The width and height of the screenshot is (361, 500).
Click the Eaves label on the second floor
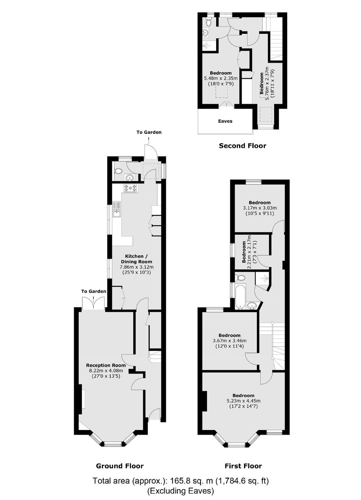tap(225, 121)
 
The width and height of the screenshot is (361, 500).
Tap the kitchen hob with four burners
tap(130, 188)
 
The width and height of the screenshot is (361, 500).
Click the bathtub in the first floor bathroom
tap(241, 296)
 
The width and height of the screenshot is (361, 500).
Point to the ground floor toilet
tap(118, 171)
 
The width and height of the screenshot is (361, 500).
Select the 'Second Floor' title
tap(242, 146)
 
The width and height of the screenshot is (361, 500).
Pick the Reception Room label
tap(106, 365)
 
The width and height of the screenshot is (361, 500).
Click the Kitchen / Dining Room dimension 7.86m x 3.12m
tap(137, 267)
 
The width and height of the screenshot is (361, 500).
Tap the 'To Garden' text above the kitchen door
tap(149, 132)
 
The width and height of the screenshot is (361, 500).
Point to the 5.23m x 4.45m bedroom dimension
tap(243, 401)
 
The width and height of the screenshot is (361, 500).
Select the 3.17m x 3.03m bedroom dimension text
tap(260, 208)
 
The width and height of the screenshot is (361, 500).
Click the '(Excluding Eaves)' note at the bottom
tap(181, 490)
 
